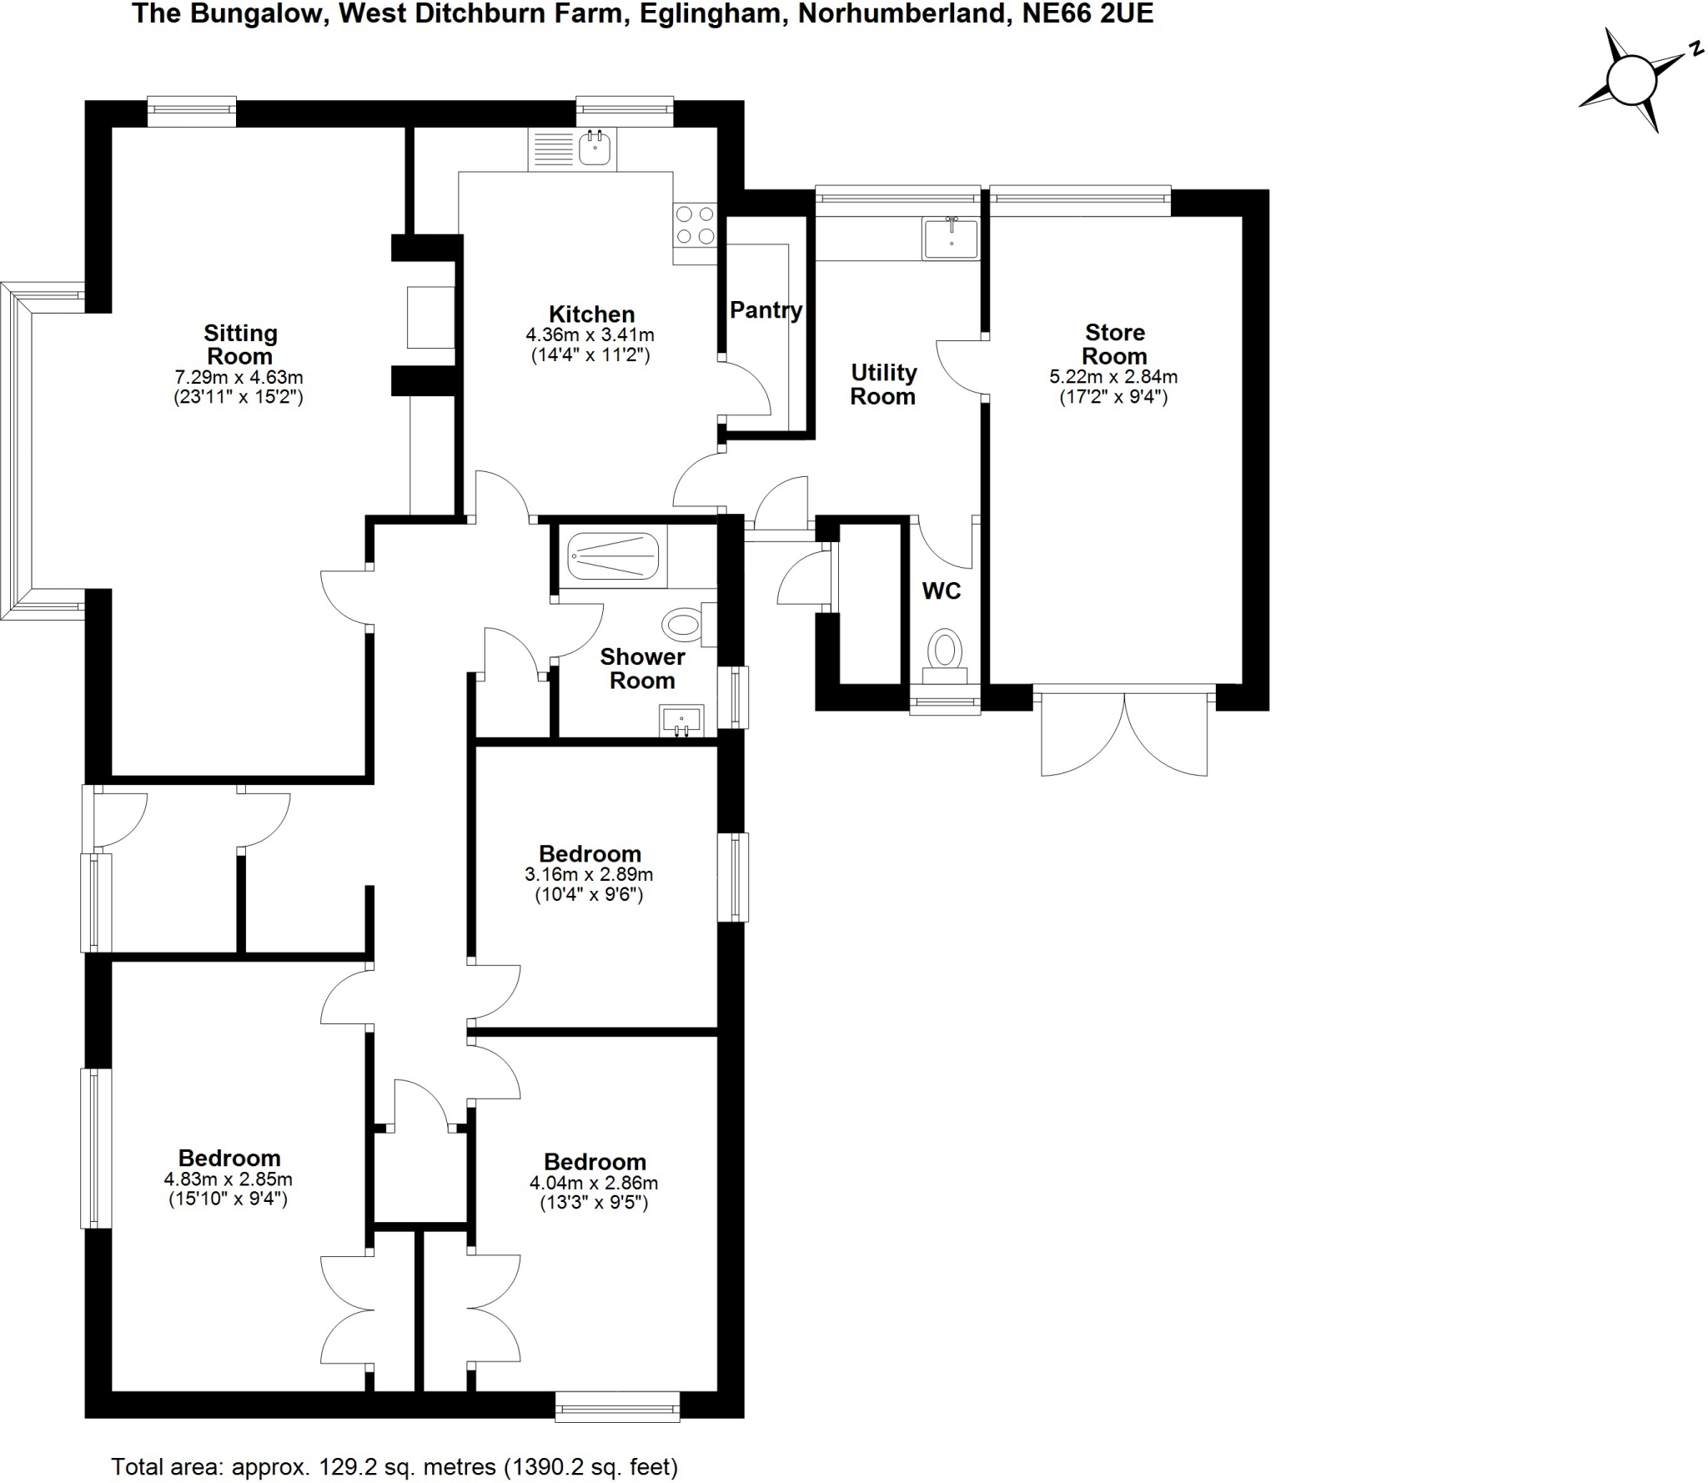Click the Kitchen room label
click(591, 314)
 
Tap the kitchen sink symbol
click(595, 148)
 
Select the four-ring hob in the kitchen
click(695, 224)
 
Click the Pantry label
click(766, 310)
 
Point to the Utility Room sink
click(951, 238)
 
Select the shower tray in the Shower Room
click(612, 555)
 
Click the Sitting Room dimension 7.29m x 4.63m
click(239, 378)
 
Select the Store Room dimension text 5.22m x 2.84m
click(1113, 377)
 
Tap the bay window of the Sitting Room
click(17, 450)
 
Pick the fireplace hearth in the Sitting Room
click(430, 317)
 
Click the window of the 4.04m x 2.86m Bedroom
click(617, 1407)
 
